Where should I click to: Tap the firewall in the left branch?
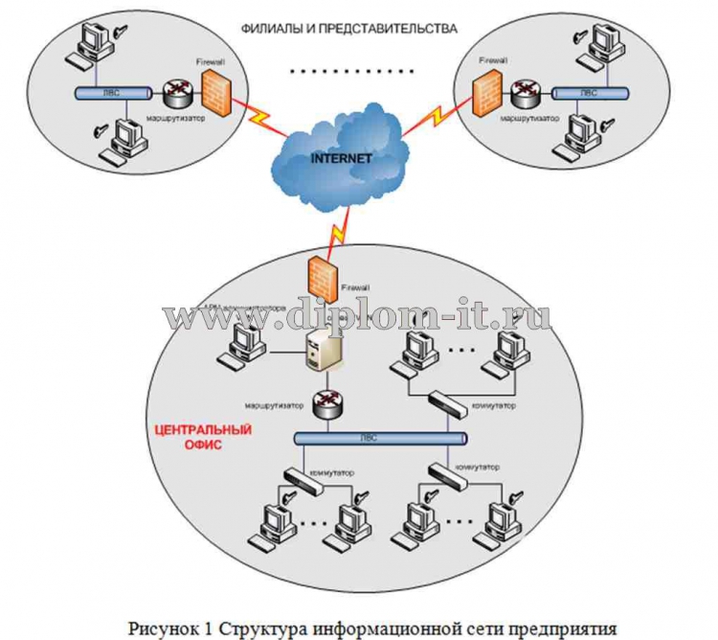[218, 91]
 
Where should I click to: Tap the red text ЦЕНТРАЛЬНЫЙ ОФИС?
[202, 437]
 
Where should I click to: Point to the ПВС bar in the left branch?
[113, 94]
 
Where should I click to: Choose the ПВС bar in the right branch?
[591, 95]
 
